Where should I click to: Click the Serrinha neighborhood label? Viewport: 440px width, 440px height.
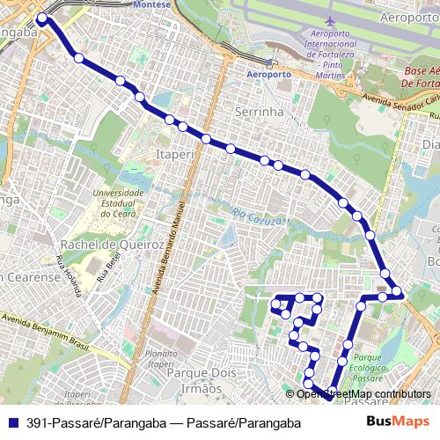259,112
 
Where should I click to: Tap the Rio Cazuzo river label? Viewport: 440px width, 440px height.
255,213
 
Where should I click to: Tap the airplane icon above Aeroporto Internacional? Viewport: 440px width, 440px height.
329,20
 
